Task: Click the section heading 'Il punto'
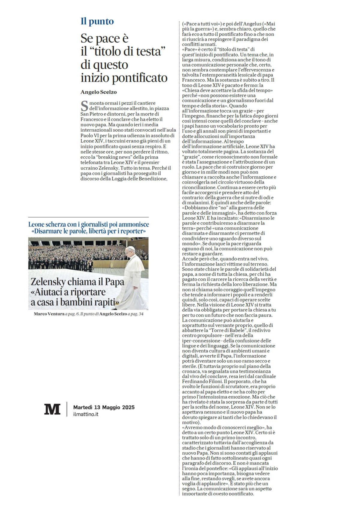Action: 97,22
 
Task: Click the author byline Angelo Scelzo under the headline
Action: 98,92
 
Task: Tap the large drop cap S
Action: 85,106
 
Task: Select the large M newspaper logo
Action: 52,409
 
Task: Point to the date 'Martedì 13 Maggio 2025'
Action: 104,407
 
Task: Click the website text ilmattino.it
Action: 86,414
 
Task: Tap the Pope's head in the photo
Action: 130,250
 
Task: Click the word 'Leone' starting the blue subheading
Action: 36,224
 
